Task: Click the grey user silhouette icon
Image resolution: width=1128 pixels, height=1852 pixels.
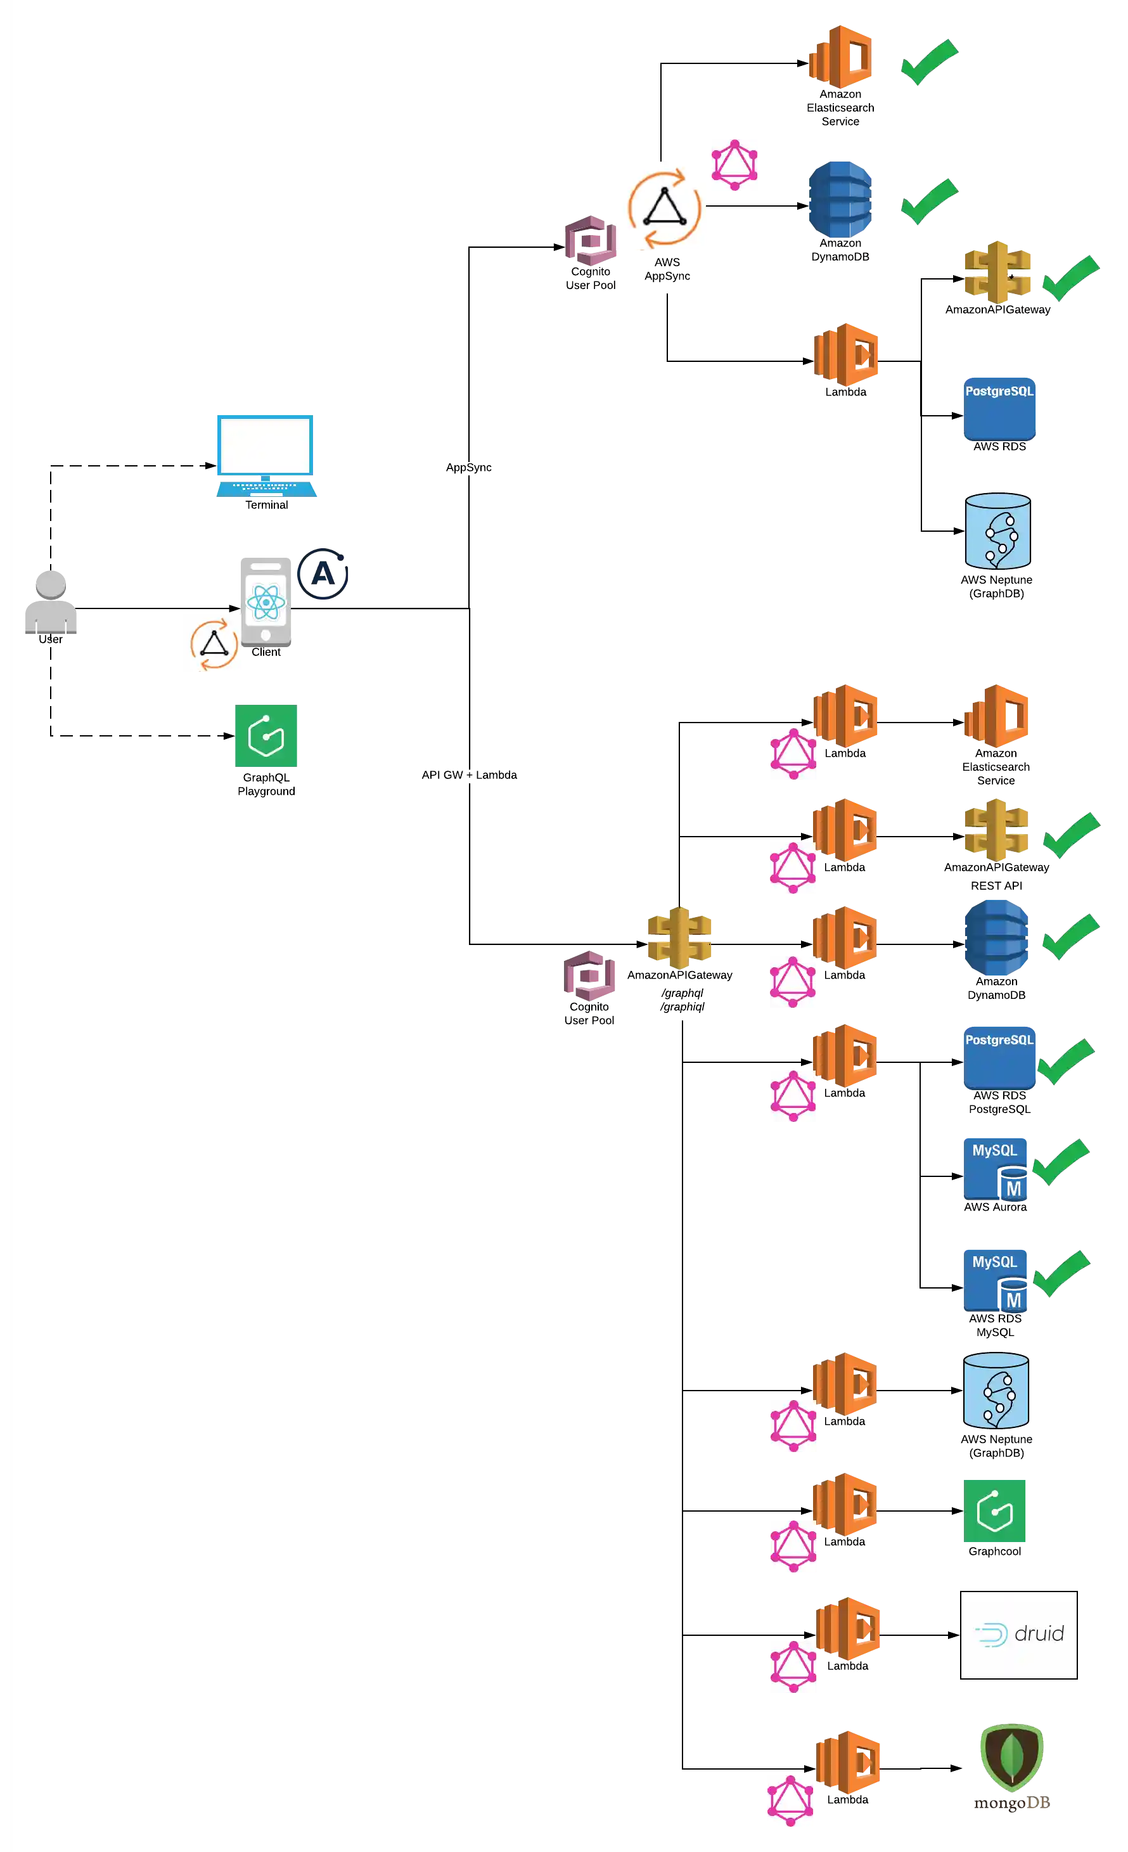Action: pos(53,603)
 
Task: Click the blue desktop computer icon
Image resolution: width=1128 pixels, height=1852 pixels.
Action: pos(264,453)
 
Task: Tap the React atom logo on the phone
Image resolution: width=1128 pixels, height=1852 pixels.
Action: pos(266,601)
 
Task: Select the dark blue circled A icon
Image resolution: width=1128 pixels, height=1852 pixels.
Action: pos(323,575)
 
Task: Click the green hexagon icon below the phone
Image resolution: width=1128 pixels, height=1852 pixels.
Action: pos(266,736)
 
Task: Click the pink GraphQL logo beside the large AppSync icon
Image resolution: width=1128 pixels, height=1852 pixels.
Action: pos(734,165)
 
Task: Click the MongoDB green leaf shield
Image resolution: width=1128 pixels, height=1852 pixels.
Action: pos(1011,1756)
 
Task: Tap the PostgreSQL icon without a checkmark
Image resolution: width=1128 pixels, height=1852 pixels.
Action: pos(1000,408)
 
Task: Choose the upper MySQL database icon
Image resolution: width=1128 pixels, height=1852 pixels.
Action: pos(996,1168)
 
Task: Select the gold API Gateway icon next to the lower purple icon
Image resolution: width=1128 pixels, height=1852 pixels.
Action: pos(679,937)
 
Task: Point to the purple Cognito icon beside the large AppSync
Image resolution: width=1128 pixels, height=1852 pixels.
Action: pos(591,240)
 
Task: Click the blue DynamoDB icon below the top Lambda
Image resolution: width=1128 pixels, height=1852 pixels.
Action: pos(840,198)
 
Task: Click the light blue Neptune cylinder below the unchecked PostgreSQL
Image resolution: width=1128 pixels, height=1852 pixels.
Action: pos(997,531)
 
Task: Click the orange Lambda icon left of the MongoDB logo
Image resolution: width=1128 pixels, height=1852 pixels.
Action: pos(849,1761)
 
